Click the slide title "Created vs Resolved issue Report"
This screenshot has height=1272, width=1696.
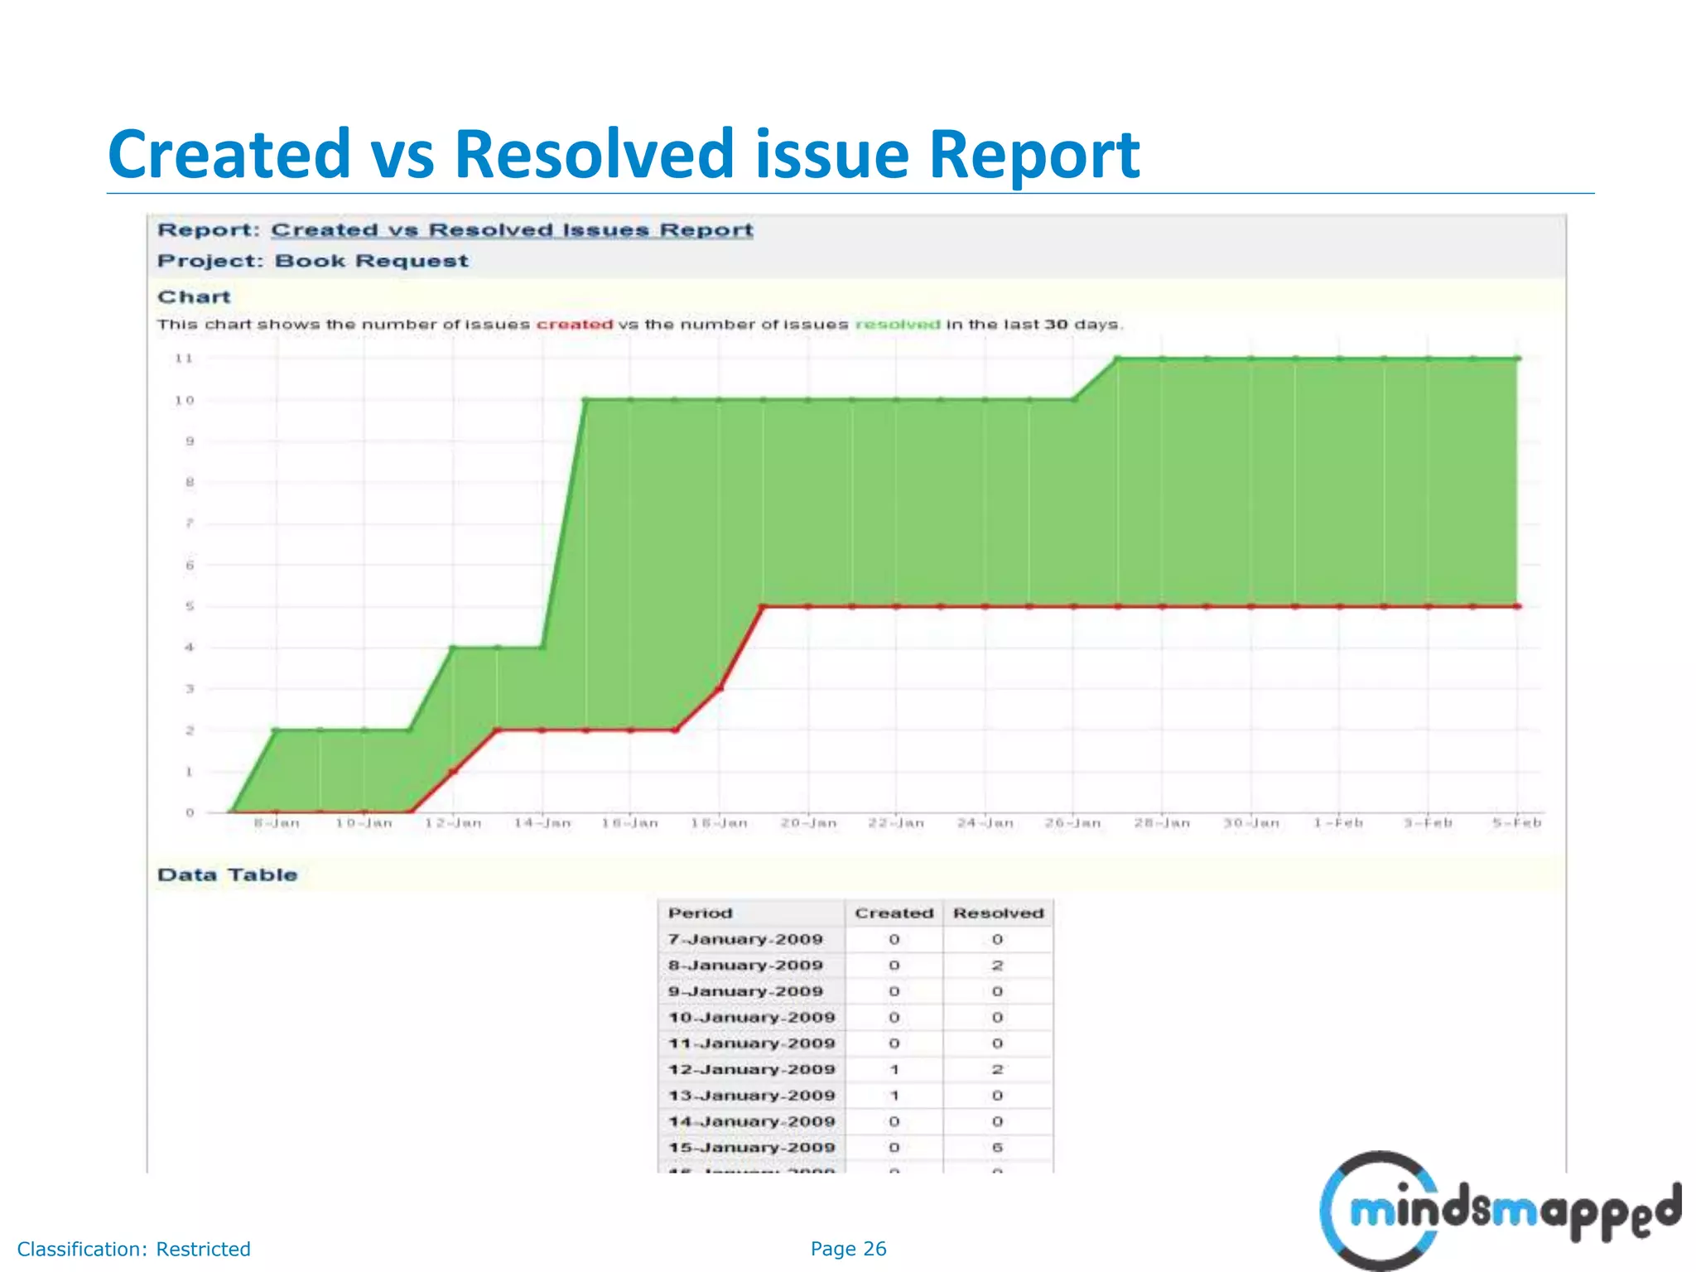[x=624, y=154]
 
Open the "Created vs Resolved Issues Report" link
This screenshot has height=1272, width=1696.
[x=512, y=230]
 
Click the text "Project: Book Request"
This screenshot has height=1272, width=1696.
[x=313, y=262]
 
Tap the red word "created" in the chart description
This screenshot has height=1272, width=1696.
[x=574, y=325]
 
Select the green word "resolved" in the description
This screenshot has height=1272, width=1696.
[x=897, y=325]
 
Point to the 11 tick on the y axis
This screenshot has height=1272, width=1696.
[x=184, y=359]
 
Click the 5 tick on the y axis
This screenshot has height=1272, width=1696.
[x=190, y=606]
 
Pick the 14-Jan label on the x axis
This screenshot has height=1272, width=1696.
[x=542, y=823]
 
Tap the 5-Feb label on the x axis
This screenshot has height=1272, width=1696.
[x=1516, y=823]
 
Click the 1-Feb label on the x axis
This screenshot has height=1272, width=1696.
[x=1338, y=823]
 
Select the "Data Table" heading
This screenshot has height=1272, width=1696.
[x=227, y=875]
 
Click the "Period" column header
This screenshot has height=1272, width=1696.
[x=701, y=913]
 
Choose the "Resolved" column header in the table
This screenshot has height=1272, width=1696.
[x=998, y=913]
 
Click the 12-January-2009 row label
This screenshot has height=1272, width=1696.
[x=751, y=1070]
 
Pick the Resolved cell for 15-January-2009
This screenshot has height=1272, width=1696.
[x=997, y=1148]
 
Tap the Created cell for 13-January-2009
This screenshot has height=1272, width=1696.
[x=894, y=1096]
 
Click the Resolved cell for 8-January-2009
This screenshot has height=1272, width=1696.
[x=997, y=966]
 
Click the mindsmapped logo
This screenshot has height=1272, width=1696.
[x=1499, y=1211]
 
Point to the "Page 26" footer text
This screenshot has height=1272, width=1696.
[x=848, y=1249]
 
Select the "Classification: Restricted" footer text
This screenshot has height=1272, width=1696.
[x=133, y=1249]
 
